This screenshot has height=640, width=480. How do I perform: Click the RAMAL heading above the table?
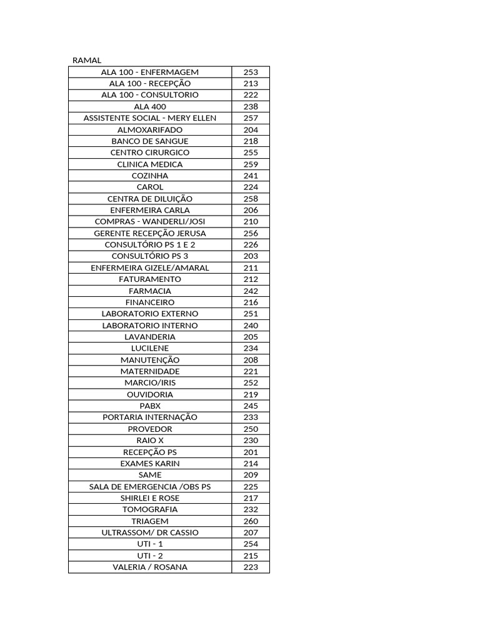87,61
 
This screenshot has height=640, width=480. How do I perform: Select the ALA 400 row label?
150,106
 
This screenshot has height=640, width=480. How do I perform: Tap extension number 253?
251,72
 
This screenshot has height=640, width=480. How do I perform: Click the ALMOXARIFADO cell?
150,129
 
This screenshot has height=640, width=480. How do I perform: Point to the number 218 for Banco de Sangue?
251,141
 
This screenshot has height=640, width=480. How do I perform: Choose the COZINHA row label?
150,176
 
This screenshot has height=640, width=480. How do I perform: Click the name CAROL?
150,187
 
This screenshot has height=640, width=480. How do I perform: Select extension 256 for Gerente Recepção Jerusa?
251,233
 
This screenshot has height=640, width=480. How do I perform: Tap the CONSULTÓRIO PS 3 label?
150,256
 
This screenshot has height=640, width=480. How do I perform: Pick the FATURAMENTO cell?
150,279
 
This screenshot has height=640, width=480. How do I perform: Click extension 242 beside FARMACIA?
251,291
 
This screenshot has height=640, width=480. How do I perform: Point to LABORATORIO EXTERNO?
150,314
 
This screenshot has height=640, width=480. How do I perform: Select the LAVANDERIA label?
150,337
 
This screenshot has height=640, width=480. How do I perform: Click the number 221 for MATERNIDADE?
251,371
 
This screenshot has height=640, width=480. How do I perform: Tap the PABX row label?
150,406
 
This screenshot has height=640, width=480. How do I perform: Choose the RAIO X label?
150,440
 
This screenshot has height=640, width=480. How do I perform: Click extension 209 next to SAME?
251,475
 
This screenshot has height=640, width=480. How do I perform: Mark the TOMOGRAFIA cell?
150,509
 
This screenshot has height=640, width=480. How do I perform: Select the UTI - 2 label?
150,556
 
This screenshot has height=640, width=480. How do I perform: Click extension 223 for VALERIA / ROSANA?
251,567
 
